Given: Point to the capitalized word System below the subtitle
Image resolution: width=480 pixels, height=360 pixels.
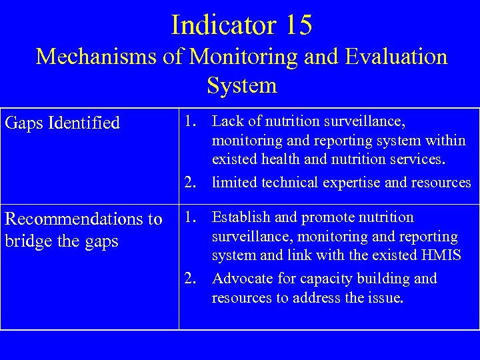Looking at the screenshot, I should pyautogui.click(x=241, y=85).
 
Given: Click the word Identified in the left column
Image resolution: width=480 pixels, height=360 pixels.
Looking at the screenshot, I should pyautogui.click(x=87, y=123).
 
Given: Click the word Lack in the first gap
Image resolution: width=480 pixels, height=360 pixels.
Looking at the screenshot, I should pyautogui.click(x=227, y=121).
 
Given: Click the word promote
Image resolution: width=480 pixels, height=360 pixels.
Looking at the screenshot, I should pyautogui.click(x=327, y=217).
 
